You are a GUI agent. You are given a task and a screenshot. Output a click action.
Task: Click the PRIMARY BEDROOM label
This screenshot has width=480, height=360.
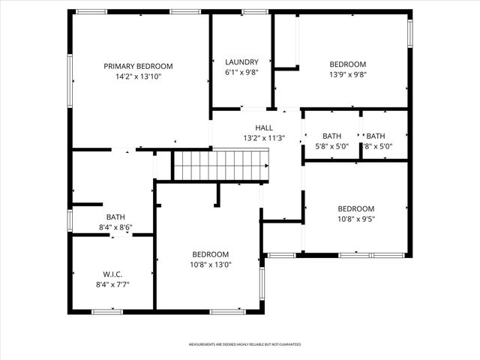138,66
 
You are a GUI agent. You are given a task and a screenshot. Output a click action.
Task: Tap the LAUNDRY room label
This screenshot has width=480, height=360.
241,62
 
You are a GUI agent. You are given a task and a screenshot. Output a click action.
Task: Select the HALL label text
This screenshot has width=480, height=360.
264,127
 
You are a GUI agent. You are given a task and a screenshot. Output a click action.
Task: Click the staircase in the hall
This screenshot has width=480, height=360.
221,165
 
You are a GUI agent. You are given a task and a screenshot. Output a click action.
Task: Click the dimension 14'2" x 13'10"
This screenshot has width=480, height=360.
138,76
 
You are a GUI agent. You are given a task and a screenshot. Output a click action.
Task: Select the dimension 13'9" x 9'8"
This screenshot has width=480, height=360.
348,74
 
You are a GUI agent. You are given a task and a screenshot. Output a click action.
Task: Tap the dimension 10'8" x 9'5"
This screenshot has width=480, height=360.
355,220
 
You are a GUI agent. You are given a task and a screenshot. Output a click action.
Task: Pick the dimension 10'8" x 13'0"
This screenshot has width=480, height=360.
210,265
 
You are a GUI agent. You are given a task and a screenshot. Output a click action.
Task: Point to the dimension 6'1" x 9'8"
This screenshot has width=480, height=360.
241,73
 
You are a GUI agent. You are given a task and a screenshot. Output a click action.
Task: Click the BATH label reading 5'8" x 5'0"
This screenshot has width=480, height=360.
331,136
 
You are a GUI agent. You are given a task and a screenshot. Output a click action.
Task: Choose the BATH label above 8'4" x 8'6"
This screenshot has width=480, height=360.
115,217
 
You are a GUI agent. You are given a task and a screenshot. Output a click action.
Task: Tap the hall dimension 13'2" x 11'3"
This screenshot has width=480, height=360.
264,138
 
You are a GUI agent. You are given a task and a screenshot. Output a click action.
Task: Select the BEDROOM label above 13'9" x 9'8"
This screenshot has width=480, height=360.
348,64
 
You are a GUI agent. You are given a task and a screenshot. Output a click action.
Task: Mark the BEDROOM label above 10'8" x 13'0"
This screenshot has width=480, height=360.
210,254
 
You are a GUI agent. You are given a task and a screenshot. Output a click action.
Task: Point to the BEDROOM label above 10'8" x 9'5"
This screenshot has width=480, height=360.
355,209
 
